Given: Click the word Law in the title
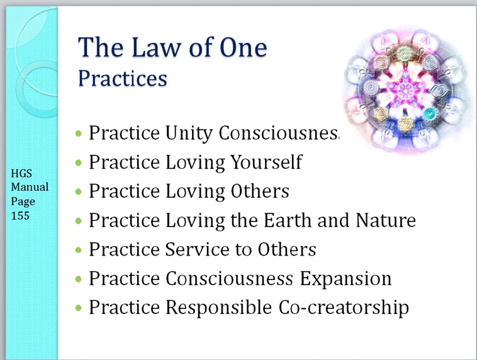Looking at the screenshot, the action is (156, 47).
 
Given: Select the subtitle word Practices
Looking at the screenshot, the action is (123, 79).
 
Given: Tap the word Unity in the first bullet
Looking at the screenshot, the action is (189, 133).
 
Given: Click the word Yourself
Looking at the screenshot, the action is (266, 162).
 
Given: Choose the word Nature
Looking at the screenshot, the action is (385, 220).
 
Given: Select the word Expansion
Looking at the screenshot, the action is (346, 279).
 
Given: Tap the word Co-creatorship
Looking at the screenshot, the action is (344, 307).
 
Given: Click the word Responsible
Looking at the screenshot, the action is (218, 307).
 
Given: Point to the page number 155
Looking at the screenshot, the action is (20, 216).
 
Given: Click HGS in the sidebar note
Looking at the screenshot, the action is (21, 174).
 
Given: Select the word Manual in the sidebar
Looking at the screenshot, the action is (30, 187).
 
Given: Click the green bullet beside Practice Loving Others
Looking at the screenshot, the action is (79, 191).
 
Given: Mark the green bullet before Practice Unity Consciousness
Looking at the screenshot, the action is (79, 133).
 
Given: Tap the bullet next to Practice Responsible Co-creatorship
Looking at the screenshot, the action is (79, 308).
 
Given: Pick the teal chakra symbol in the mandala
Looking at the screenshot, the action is (430, 114).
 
